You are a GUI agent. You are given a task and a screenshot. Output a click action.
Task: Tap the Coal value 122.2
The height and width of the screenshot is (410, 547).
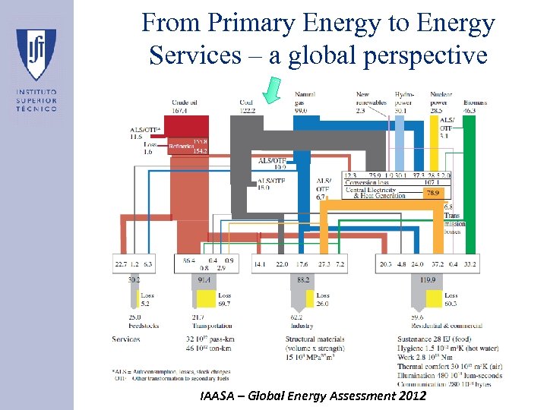point(248,111)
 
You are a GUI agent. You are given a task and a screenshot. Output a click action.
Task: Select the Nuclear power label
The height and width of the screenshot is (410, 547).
point(441,98)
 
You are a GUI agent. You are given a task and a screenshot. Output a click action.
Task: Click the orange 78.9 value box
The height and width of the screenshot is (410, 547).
point(432,194)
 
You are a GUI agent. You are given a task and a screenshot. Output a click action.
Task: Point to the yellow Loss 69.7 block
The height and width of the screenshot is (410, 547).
point(223,299)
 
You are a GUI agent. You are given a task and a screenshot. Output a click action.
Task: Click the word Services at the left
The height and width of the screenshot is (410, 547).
point(125,339)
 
